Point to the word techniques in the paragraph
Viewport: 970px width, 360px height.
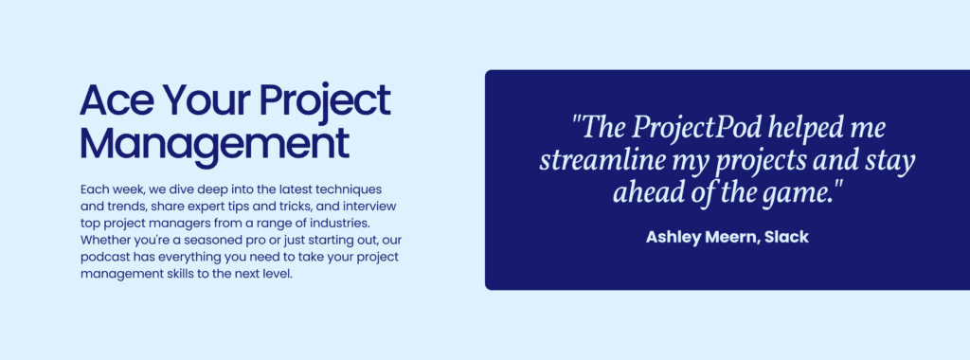click(347, 189)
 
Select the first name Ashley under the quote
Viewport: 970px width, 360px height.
click(675, 237)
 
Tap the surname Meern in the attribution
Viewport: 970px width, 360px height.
click(738, 237)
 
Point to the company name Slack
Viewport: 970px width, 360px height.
click(789, 237)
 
